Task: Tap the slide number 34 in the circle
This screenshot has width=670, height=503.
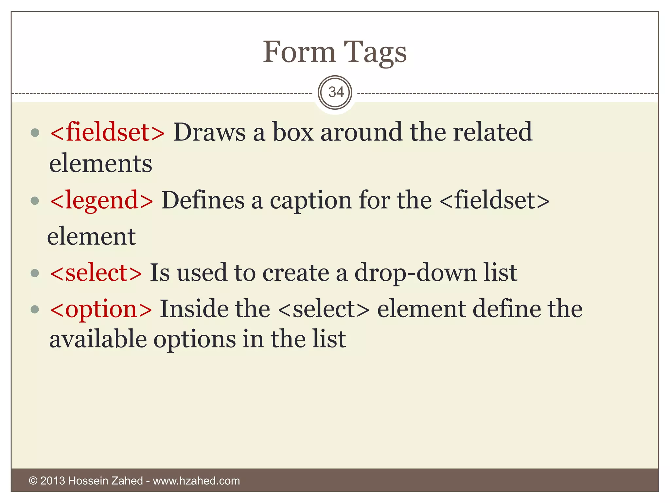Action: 336,92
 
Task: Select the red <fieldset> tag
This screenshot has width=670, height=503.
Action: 107,132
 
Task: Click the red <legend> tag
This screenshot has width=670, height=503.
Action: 101,200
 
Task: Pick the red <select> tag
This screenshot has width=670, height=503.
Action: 96,272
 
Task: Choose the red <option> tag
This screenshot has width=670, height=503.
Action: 101,309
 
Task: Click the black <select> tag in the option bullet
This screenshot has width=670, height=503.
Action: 324,309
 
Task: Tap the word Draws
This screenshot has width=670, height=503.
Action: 209,132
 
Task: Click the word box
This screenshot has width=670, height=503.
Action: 293,132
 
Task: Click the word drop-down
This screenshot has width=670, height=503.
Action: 415,272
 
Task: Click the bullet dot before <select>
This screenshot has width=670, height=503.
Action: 35,273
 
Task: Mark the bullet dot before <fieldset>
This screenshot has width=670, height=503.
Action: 35,133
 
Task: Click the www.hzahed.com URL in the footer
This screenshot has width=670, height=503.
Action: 196,481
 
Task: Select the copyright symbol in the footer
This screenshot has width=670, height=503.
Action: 33,481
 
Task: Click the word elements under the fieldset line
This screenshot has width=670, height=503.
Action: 101,163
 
